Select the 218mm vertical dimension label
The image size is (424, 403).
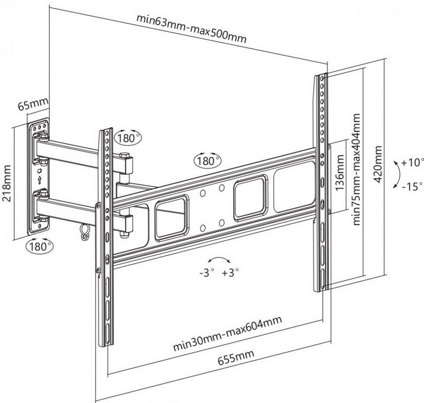(x=7, y=181)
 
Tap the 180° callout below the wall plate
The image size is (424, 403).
(x=39, y=246)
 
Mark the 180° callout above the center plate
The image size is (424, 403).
(x=207, y=161)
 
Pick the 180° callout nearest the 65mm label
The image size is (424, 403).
(x=128, y=137)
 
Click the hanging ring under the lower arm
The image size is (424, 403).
(x=82, y=232)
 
